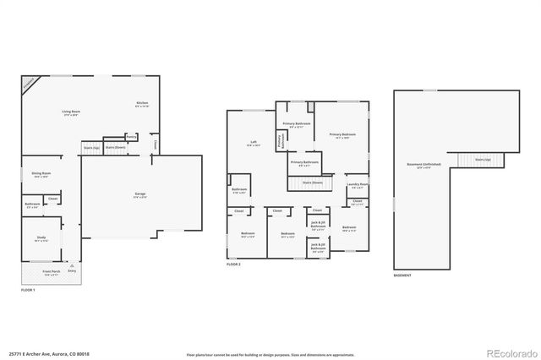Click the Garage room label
point(139,195)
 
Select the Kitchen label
point(142,103)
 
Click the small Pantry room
point(132,137)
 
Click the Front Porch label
point(51,273)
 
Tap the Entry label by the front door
point(71,270)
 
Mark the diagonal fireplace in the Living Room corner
point(29,82)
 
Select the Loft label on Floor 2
point(253,142)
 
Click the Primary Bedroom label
point(342,135)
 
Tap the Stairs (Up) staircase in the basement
point(482,159)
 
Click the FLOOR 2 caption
point(234,265)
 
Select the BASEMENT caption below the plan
point(404,275)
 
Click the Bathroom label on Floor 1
point(33,204)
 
